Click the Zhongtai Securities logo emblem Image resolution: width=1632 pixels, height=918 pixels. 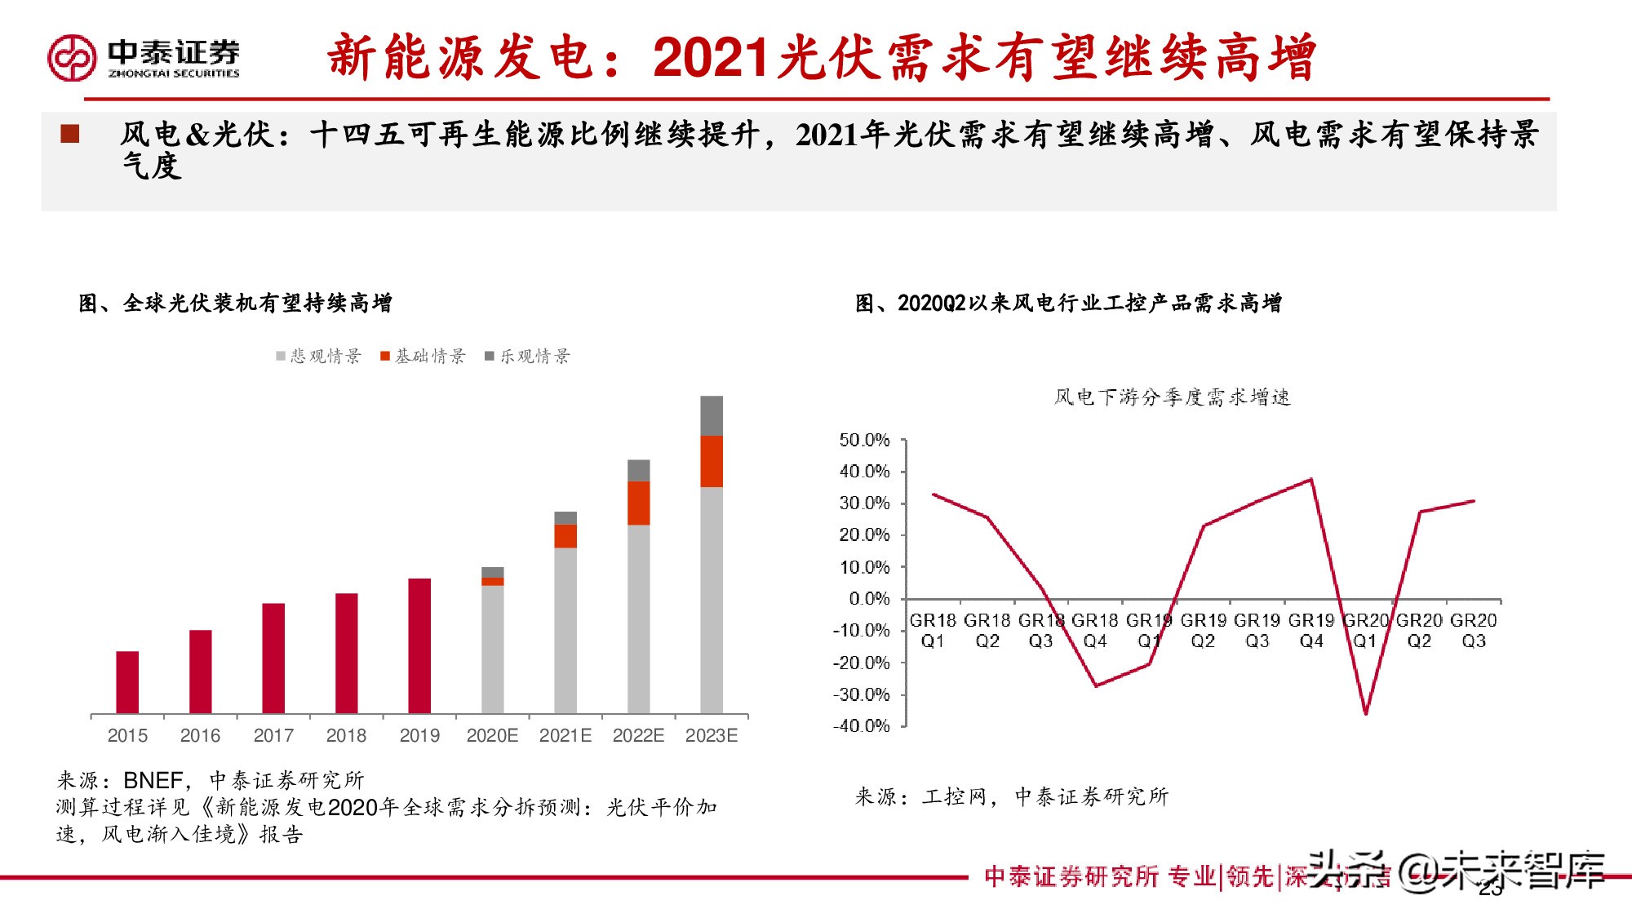click(72, 57)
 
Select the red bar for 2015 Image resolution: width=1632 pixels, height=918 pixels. click(127, 682)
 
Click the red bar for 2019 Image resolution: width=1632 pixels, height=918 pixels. click(419, 645)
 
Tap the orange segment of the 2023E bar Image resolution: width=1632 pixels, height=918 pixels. click(712, 461)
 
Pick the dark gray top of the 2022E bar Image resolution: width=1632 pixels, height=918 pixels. click(638, 470)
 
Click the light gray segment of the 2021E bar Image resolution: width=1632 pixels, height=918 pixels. click(565, 630)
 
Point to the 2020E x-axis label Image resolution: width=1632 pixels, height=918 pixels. click(492, 735)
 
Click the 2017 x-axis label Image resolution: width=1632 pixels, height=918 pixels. click(273, 735)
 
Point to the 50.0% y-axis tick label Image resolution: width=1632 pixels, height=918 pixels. click(864, 440)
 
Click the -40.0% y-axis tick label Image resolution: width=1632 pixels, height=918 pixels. click(861, 725)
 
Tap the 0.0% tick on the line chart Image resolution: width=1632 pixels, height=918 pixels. click(869, 598)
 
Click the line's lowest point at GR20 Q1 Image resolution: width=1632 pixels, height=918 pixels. click(1365, 713)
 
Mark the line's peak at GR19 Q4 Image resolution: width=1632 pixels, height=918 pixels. click(1311, 479)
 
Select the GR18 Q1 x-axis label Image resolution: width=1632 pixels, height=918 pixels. click(933, 630)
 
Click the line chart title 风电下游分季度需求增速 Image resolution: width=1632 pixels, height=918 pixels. click(1172, 397)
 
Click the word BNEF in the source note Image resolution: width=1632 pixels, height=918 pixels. click(153, 780)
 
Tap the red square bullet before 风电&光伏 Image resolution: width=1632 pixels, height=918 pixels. click(70, 134)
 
